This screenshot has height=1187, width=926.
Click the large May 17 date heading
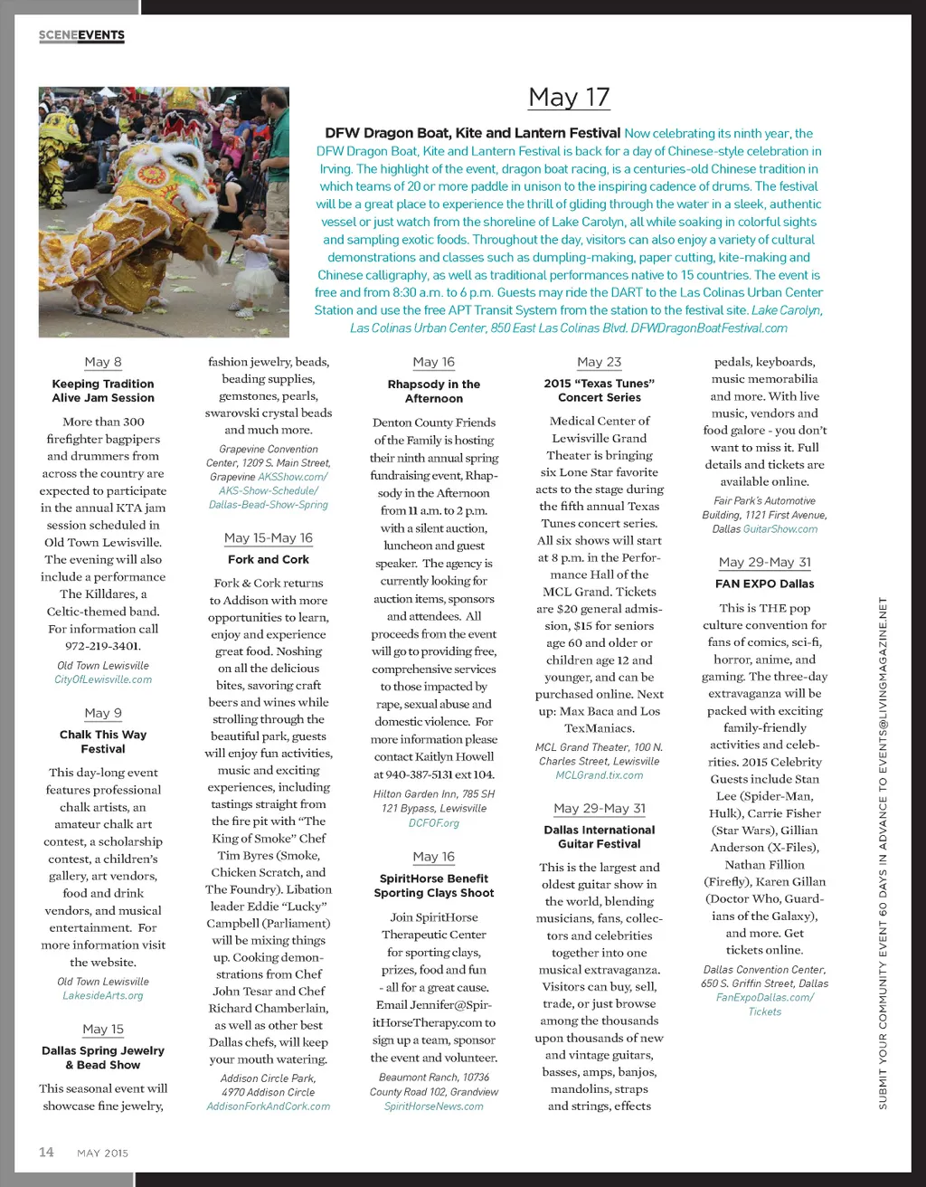tap(569, 98)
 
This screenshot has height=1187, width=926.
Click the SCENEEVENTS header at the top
tap(81, 35)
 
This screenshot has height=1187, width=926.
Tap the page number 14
tap(46, 1152)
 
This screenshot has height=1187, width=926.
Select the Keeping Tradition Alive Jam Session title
tap(103, 391)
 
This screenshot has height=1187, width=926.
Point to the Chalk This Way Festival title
tap(103, 742)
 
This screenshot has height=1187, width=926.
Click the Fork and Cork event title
tap(269, 560)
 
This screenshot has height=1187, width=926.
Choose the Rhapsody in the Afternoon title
tap(434, 391)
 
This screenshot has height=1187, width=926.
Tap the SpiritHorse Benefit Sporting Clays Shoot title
tap(434, 886)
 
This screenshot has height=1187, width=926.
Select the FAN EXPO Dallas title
tap(765, 584)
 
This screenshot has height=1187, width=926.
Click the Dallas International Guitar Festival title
tap(600, 837)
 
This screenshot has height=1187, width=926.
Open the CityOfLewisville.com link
tap(103, 679)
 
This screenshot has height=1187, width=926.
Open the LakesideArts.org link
tap(103, 995)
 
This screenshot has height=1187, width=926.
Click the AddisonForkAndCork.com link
tap(269, 1106)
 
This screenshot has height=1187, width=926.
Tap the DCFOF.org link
tap(434, 823)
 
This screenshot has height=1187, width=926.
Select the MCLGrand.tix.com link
tap(600, 775)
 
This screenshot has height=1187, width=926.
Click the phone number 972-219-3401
tap(103, 646)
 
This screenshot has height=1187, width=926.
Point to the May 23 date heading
tap(600, 362)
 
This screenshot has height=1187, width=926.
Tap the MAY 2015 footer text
tap(103, 1154)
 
